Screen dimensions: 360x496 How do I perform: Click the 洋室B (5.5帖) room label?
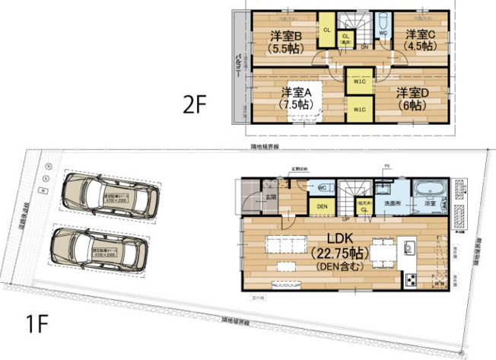[x=286, y=41]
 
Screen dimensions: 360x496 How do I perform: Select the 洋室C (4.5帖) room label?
[x=420, y=40]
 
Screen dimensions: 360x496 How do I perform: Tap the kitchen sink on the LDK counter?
[x=409, y=247]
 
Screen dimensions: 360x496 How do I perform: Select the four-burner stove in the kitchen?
[x=412, y=281]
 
